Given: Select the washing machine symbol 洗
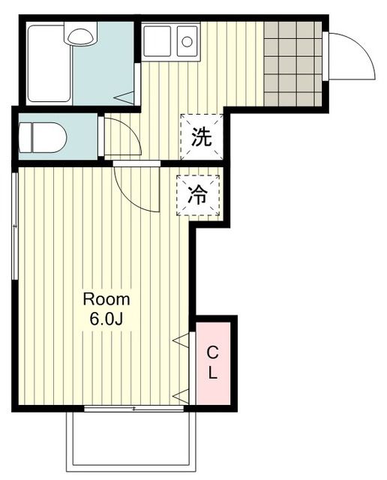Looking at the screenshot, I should pos(200,137).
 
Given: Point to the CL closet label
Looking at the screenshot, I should pos(213,361).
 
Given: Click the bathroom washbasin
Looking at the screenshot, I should pos(79,34).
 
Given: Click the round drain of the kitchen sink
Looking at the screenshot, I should pos(187,40).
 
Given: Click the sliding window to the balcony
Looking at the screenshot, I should pos(133,409).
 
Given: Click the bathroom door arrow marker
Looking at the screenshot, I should pos(127,96).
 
